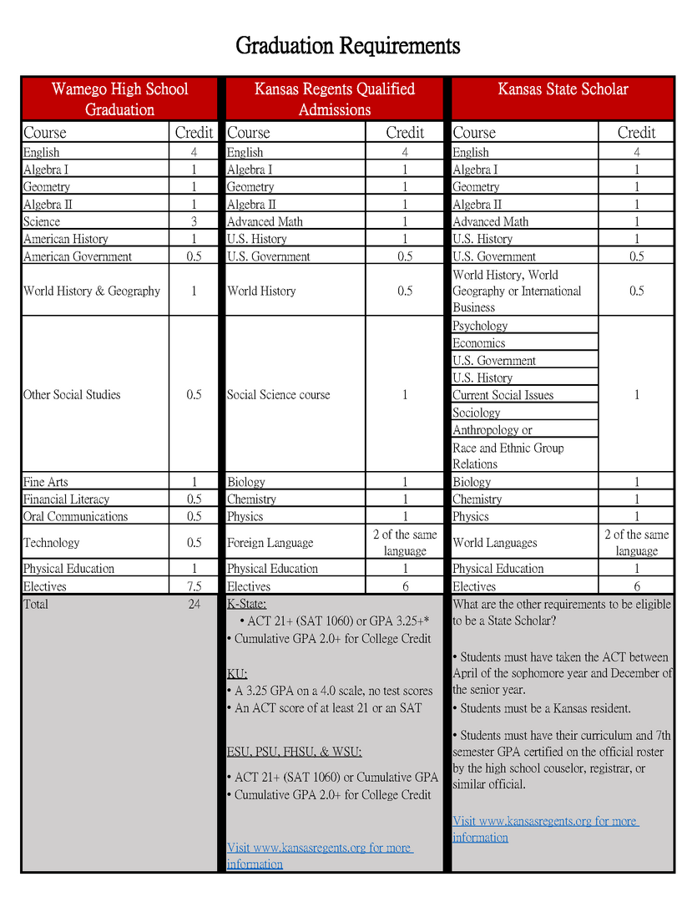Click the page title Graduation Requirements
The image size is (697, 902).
(347, 44)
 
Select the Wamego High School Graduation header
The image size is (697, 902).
(119, 99)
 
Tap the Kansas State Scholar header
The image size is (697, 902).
(563, 89)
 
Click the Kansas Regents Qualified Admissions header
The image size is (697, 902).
(334, 99)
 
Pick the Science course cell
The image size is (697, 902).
(42, 221)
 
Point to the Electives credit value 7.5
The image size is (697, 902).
(194, 586)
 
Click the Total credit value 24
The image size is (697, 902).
(194, 604)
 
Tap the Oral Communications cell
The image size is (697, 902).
(75, 516)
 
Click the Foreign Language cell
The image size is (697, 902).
(270, 543)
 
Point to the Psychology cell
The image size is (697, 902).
(480, 326)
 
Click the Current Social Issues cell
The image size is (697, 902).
(503, 395)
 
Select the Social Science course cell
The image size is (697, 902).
(278, 395)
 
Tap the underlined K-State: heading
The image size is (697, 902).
(246, 604)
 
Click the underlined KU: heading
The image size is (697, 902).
(237, 673)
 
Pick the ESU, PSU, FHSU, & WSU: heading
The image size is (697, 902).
(294, 751)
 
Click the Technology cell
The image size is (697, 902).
(52, 543)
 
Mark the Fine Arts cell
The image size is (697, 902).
(46, 482)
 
